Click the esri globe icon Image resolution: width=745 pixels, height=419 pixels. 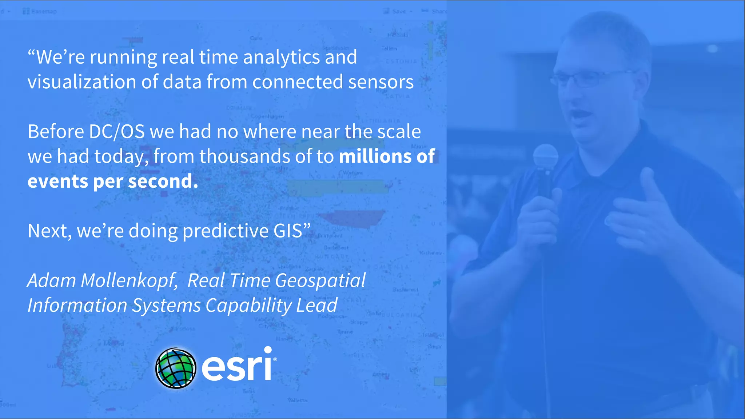176,368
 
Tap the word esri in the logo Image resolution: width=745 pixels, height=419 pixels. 237,365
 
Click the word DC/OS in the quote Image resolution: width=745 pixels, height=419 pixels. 117,132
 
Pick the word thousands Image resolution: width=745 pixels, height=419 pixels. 245,156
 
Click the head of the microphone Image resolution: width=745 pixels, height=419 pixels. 545,156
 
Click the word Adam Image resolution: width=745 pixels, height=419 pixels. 51,281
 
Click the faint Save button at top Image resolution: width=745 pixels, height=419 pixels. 398,11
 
